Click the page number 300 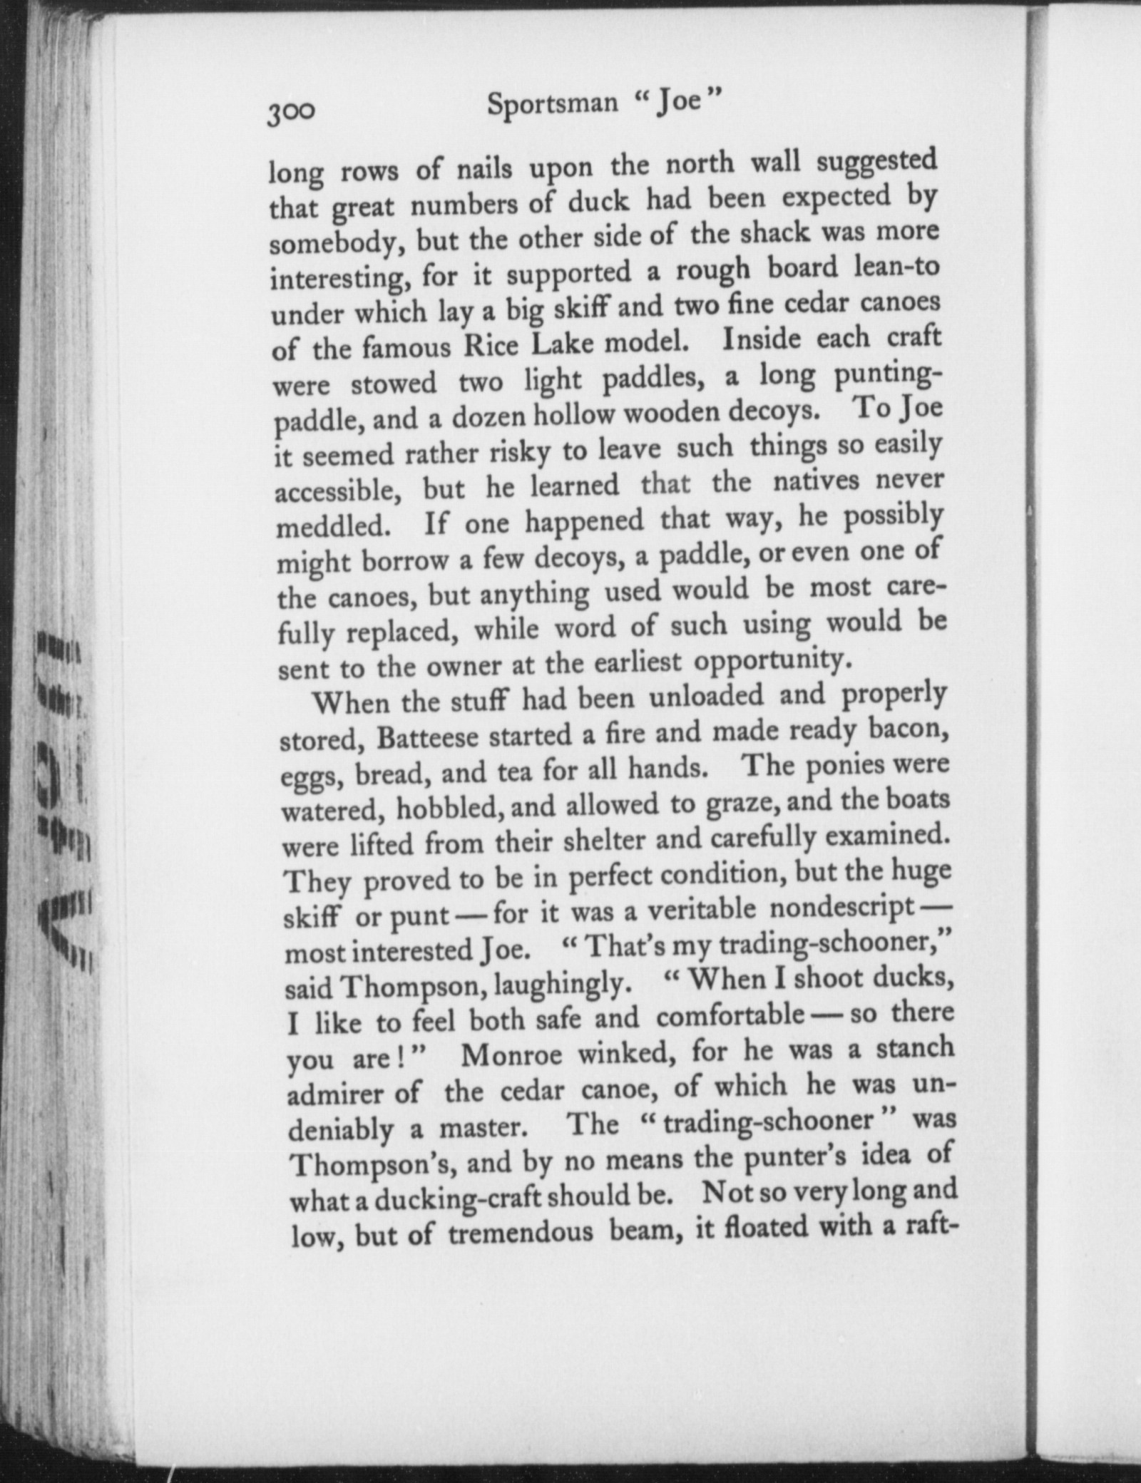pyautogui.click(x=290, y=113)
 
